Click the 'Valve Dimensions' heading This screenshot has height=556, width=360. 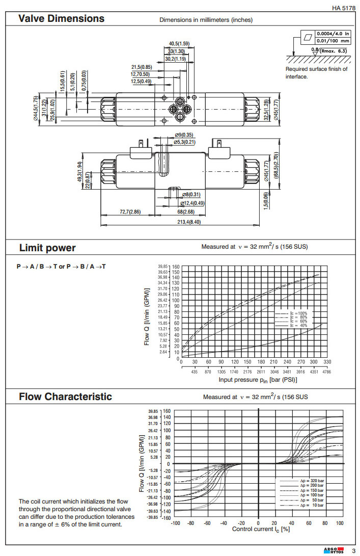(61, 19)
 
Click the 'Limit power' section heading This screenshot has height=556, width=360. (47, 248)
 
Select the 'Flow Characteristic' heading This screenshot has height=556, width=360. (65, 396)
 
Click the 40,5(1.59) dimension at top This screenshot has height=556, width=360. (179, 44)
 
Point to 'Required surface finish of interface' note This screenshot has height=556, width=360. (316, 73)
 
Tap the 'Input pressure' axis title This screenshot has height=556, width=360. (258, 380)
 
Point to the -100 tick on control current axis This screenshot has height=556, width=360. (176, 523)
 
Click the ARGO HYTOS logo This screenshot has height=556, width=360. (334, 550)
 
